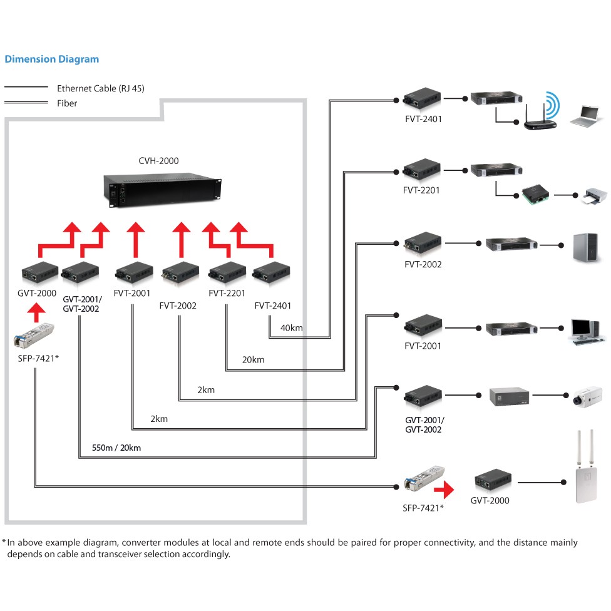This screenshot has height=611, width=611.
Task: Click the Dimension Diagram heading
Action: pos(51,59)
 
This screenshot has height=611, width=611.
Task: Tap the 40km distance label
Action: pos(291,328)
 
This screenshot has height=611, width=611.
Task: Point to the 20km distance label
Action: pos(254,359)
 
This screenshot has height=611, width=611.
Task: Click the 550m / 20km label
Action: pos(116,448)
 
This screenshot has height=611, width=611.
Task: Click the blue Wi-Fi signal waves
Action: pos(552,105)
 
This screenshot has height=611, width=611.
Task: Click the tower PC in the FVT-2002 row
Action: pos(586,245)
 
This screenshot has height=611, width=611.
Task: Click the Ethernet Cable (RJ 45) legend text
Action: pos(101,89)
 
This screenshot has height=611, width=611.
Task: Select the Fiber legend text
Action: pos(67,103)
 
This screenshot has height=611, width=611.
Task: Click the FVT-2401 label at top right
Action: pos(423,118)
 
